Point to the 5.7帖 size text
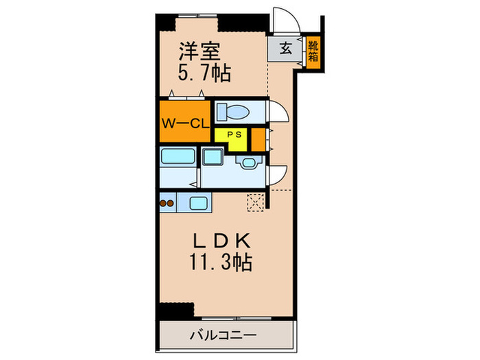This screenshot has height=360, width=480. [x=204, y=72]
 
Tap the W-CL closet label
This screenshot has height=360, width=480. [x=184, y=123]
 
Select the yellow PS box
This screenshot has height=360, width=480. [x=232, y=135]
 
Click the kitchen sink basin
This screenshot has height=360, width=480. [x=199, y=202]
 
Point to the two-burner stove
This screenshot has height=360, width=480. [x=167, y=202]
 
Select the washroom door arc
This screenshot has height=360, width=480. [x=275, y=176]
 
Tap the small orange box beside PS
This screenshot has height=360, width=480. [x=258, y=139]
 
